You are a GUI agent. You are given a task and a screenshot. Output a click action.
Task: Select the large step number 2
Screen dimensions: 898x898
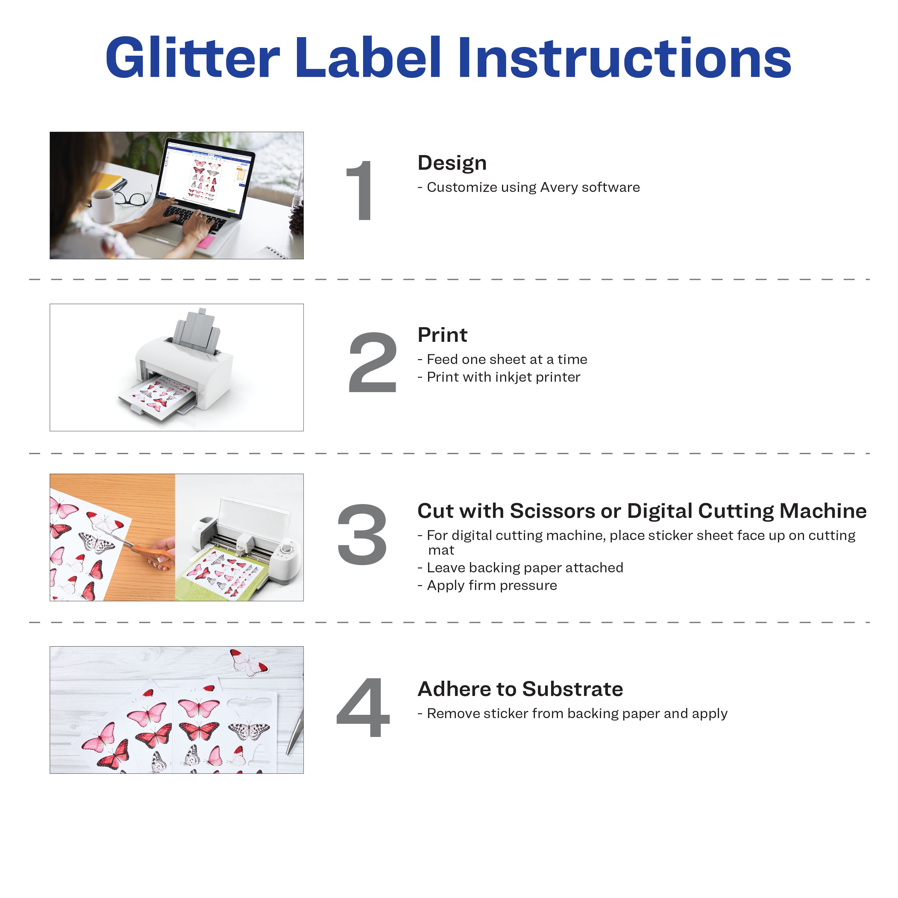click(372, 362)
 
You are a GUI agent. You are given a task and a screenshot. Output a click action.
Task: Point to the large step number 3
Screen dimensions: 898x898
click(362, 535)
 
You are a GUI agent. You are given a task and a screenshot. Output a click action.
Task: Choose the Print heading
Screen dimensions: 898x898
click(442, 335)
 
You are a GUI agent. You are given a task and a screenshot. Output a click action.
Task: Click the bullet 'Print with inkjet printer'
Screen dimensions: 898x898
click(499, 377)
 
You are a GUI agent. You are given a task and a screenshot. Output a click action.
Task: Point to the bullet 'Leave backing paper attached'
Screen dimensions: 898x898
click(520, 568)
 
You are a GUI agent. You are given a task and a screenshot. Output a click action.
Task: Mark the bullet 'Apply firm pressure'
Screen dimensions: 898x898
click(487, 585)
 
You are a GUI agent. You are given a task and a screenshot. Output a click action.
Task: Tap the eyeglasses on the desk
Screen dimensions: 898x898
click(133, 195)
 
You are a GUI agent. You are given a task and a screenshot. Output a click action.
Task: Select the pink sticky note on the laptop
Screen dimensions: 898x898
click(206, 241)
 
